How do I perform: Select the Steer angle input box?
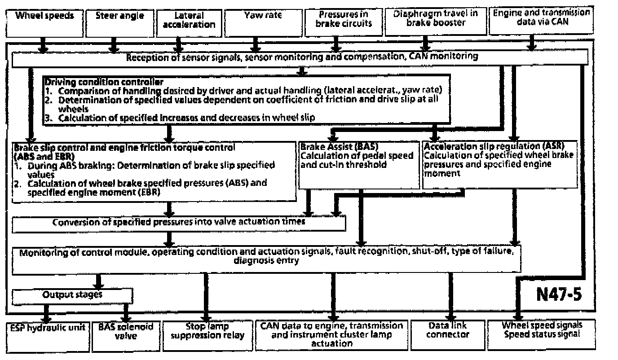pyautogui.click(x=119, y=23)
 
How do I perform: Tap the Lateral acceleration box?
pyautogui.click(x=189, y=23)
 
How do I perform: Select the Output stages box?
pyautogui.click(x=72, y=295)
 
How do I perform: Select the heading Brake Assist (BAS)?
pyautogui.click(x=333, y=146)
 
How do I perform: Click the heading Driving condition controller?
pyautogui.click(x=103, y=82)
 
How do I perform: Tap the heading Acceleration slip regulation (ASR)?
pyautogui.click(x=494, y=146)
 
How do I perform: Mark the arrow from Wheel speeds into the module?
pyautogui.click(x=43, y=45)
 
